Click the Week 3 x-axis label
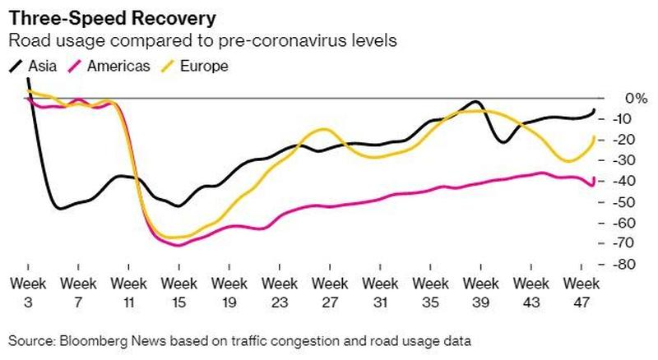(x=27, y=291)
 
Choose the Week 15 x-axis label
(x=178, y=291)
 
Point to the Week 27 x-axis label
(x=329, y=291)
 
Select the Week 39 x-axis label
(x=480, y=291)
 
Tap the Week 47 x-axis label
(x=581, y=291)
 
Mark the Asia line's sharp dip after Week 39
(x=501, y=142)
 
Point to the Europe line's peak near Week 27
(x=325, y=129)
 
